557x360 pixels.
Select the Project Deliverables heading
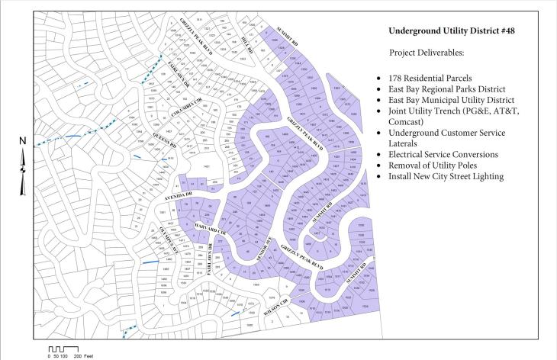pos(431,54)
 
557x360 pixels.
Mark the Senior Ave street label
pos(261,255)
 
